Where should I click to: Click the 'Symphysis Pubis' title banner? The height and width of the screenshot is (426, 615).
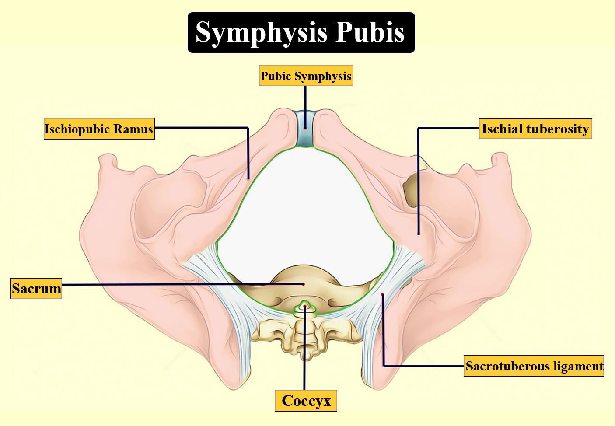tap(301, 33)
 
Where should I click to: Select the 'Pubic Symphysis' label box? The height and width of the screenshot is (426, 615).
tap(306, 76)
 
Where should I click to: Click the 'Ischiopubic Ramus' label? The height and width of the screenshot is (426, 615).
tap(99, 129)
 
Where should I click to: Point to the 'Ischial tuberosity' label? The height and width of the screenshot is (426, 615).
tap(535, 129)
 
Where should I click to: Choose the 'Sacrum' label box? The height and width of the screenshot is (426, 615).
tap(36, 289)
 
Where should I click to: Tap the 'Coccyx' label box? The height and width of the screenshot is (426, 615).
tap(306, 401)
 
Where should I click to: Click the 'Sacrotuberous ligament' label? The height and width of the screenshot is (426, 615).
tap(534, 366)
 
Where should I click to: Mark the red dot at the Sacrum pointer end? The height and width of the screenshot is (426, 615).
tap(304, 284)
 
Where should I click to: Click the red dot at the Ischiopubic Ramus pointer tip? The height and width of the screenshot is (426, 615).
tap(248, 178)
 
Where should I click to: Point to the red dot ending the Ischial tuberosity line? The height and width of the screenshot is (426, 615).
tap(419, 234)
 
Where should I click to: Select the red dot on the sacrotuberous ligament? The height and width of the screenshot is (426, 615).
tap(382, 294)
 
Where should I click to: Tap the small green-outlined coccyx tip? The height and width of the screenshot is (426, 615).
tap(305, 307)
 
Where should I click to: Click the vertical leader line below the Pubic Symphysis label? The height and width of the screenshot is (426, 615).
tap(305, 103)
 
